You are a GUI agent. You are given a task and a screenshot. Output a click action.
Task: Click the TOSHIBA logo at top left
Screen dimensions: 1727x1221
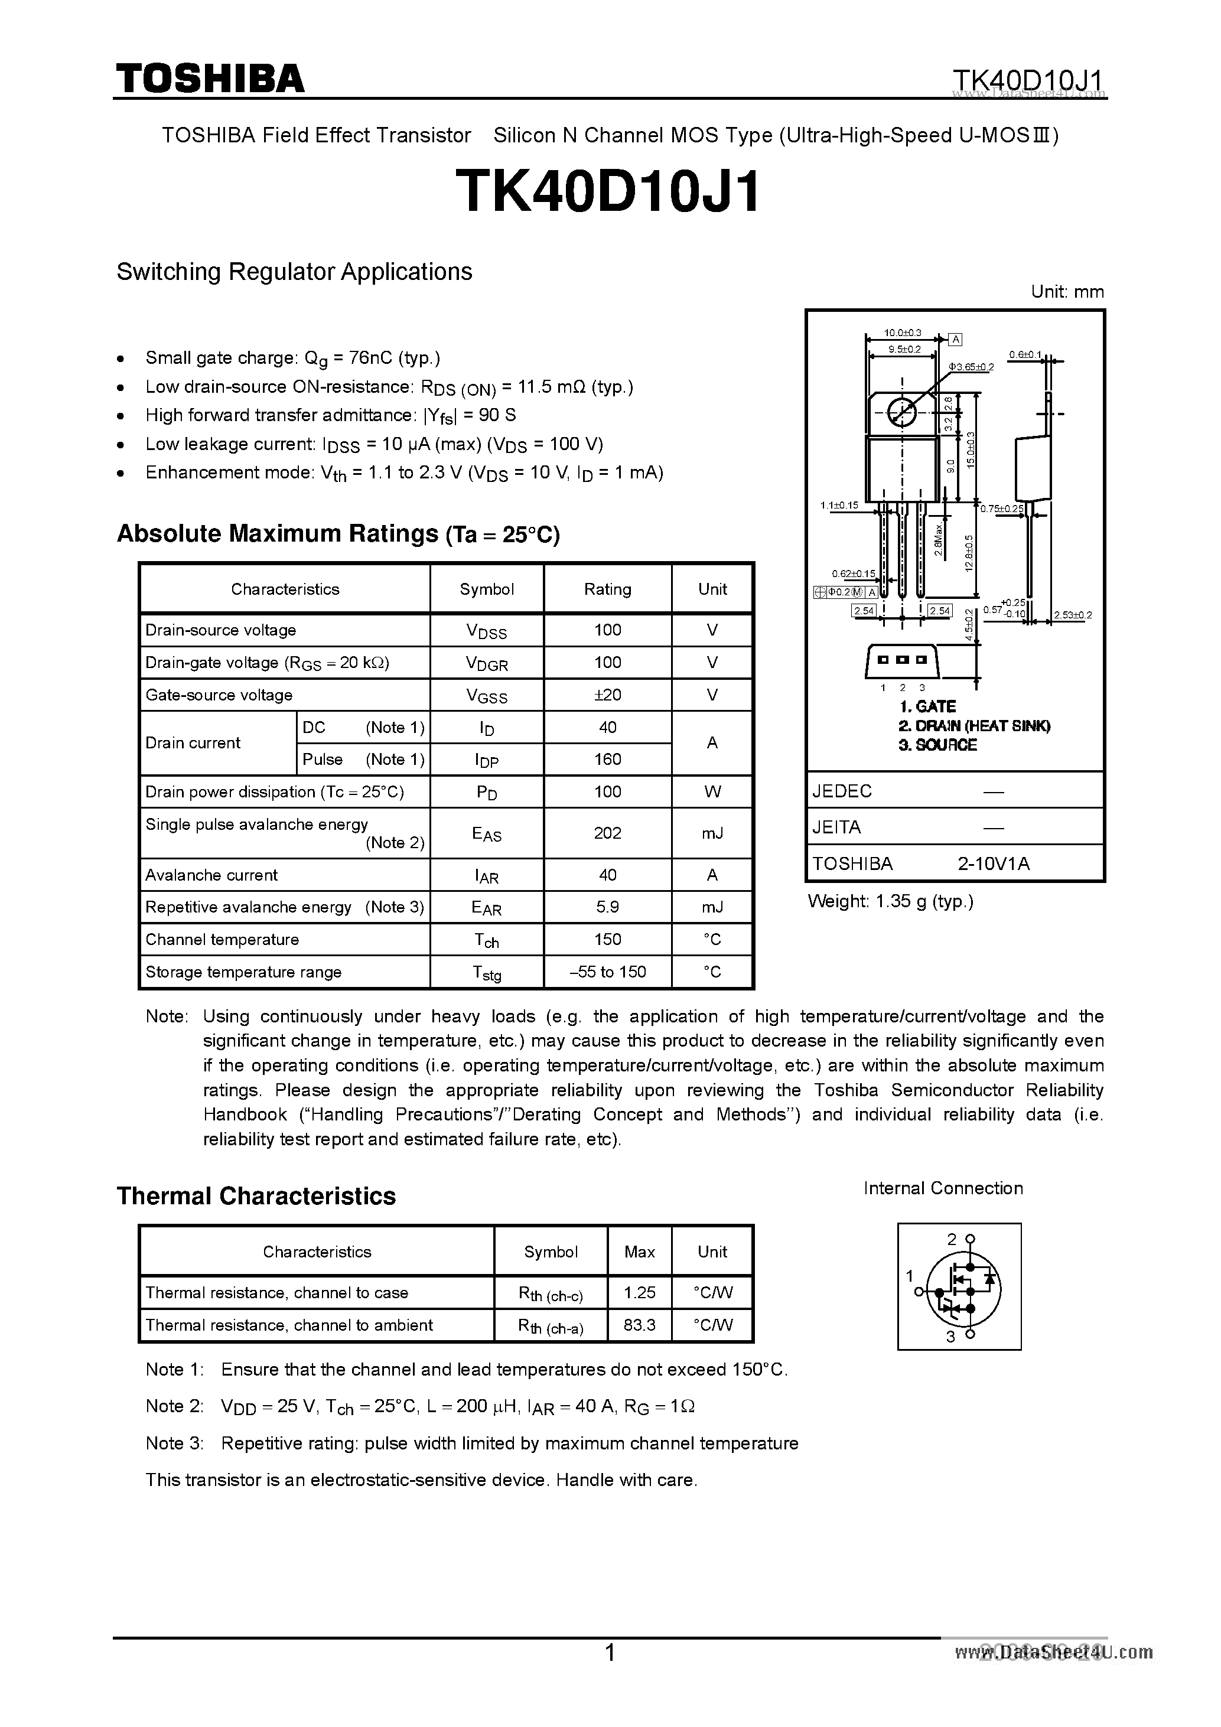(x=210, y=79)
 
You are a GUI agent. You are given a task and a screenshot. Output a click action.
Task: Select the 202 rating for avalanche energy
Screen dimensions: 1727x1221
(x=607, y=833)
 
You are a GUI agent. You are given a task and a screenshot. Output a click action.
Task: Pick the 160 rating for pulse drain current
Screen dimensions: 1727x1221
(x=607, y=759)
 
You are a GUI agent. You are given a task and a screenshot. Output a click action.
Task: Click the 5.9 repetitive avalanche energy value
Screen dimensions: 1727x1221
(x=607, y=907)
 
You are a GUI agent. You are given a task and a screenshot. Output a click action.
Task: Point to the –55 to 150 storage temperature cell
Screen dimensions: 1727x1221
(x=607, y=972)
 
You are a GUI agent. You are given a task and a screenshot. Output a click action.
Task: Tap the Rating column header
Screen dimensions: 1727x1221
(x=607, y=589)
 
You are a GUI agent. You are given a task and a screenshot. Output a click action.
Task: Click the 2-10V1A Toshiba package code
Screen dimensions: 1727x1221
(x=993, y=863)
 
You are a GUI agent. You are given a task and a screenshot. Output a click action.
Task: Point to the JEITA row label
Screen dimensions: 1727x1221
(x=836, y=827)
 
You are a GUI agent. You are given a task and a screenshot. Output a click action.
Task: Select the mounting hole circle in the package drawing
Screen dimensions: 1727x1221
(x=901, y=412)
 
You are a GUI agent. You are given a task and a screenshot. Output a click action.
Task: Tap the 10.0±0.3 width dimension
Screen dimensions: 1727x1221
(x=902, y=333)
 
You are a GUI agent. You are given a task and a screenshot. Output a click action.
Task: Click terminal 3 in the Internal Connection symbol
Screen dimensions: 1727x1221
(x=970, y=1334)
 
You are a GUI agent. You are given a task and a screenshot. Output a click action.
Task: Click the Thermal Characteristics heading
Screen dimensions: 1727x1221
(x=256, y=1196)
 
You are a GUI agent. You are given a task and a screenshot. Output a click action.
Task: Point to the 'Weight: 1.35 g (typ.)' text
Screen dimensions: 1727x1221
(x=890, y=901)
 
